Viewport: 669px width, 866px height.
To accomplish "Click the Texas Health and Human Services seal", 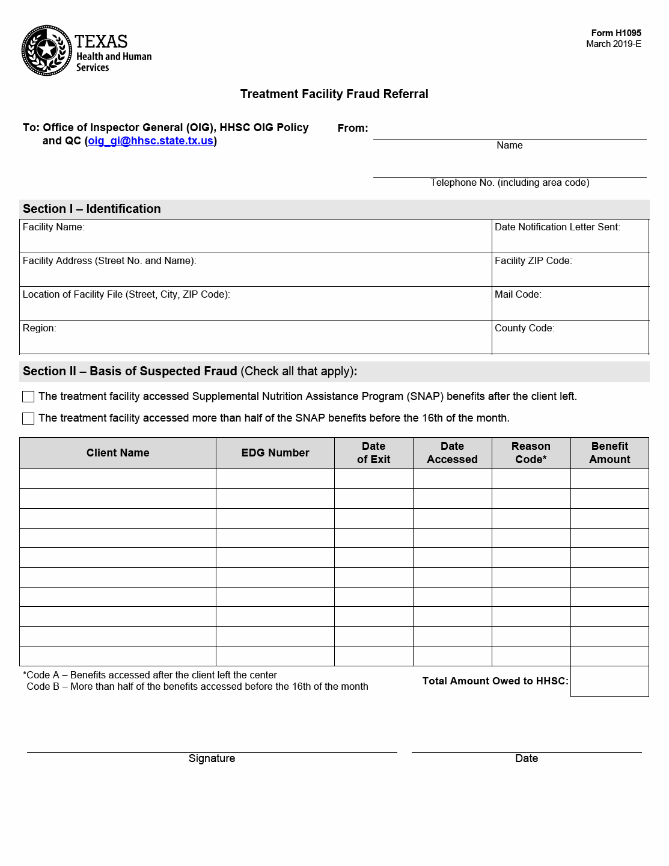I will [x=47, y=51].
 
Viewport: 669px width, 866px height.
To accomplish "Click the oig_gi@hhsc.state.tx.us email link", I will [x=150, y=141].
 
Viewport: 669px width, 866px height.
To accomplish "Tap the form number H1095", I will [x=616, y=33].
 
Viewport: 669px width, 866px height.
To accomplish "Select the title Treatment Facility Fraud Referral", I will [x=334, y=94].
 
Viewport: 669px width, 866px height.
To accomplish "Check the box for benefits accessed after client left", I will [x=28, y=397].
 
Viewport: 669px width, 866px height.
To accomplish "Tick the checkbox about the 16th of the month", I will [x=28, y=419].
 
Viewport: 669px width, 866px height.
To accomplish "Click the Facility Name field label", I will [x=53, y=227].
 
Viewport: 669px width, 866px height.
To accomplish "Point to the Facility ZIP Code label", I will [x=533, y=261].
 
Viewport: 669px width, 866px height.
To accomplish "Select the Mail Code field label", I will [x=518, y=295].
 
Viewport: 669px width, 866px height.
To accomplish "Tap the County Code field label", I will [x=524, y=328].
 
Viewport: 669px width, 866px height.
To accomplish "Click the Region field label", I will [x=39, y=328].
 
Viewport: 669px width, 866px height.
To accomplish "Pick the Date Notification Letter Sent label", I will [x=557, y=227].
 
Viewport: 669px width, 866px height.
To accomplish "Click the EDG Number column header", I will [x=275, y=453].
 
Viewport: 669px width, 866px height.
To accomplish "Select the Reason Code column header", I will [x=531, y=453].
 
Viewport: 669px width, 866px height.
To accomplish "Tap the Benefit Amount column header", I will [x=609, y=453].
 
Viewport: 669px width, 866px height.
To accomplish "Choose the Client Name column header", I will [x=118, y=453].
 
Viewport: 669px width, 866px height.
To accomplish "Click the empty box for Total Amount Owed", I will [x=609, y=681].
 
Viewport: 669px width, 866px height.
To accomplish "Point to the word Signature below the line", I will [x=212, y=758].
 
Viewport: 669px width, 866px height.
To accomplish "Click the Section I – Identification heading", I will [x=92, y=209].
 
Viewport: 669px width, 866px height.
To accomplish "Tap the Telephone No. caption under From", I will [x=510, y=183].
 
